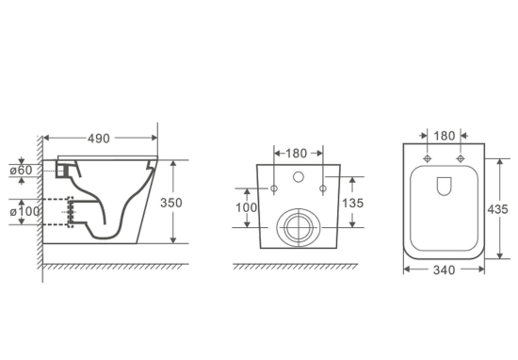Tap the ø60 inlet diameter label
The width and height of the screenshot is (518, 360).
point(23,170)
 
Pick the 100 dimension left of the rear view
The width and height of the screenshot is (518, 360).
point(245,205)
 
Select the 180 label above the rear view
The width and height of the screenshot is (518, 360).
point(297,153)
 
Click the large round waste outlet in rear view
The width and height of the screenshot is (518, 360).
point(299,226)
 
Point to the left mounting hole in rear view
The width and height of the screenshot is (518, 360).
point(274,190)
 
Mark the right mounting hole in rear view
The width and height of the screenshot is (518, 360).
point(323,190)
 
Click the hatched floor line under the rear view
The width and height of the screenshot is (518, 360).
point(299,268)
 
